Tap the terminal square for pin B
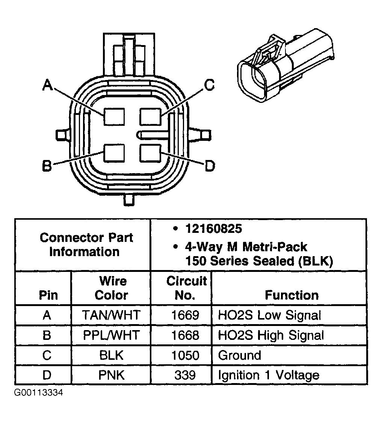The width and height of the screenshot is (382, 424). tap(114, 153)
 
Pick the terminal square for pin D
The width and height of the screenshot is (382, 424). tap(150, 153)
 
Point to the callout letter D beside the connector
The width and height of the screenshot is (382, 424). tap(210, 165)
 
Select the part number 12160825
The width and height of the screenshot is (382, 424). tap(213, 228)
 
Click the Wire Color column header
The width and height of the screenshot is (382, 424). tap(111, 288)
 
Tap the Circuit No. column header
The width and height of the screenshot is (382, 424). tap(186, 288)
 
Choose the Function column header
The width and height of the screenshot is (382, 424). tap(291, 295)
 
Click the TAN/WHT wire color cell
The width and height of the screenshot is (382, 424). tap(111, 315)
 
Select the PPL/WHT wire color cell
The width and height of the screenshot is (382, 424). tap(111, 335)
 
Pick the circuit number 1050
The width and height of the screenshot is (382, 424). tap(185, 355)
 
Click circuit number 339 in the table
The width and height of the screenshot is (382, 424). tap(185, 375)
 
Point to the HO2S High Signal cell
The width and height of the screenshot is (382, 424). tap(270, 335)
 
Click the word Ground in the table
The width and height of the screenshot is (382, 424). tap(239, 355)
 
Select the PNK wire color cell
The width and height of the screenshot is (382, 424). tap(111, 375)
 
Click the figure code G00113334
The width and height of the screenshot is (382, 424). tap(38, 393)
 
